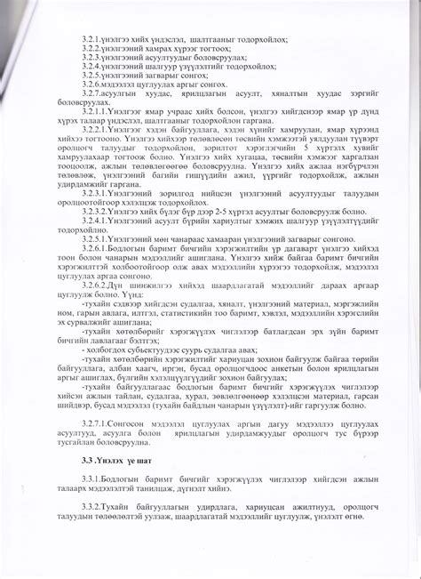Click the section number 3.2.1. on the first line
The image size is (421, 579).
(x=92, y=40)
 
